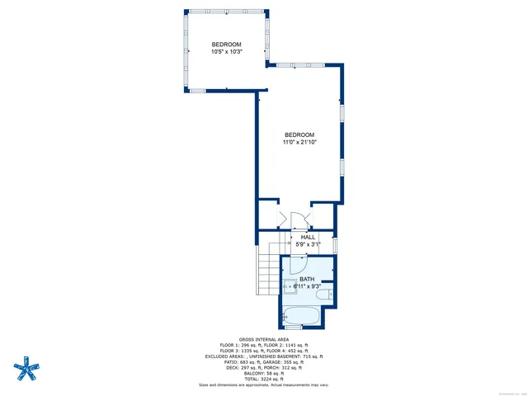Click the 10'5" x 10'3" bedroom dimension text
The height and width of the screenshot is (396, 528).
click(226, 52)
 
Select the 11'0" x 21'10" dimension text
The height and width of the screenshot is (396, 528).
click(299, 143)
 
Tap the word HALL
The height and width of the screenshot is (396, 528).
click(308, 237)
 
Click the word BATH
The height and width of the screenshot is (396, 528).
click(307, 280)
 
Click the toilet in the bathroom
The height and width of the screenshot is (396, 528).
click(329, 295)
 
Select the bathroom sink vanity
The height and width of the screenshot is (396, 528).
click(290, 288)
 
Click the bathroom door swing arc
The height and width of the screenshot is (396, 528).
click(299, 266)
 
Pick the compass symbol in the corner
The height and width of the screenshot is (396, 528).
click(28, 366)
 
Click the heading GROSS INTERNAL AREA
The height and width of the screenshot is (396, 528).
click(263, 338)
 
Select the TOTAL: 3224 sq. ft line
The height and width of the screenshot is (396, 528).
click(263, 379)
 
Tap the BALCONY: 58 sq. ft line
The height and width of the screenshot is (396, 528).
click(263, 373)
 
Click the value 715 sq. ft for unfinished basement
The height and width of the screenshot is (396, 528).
click(309, 356)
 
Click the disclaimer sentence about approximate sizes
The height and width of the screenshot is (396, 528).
click(263, 384)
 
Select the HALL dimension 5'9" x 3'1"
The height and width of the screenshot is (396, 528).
click(308, 244)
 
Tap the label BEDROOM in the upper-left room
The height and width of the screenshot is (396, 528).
click(226, 44)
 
